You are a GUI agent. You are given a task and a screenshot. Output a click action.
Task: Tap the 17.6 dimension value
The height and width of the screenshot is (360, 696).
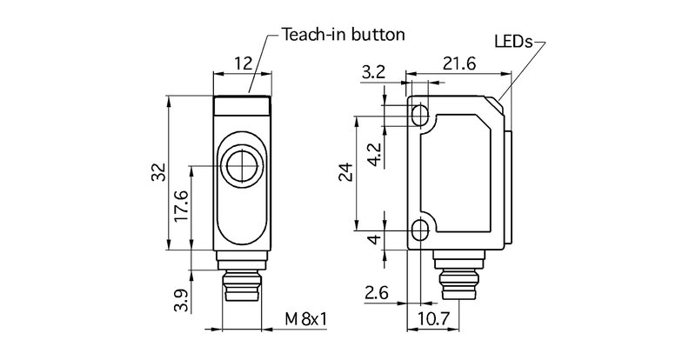[181, 208]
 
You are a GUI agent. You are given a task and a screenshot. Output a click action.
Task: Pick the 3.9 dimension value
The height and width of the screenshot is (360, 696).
[181, 299]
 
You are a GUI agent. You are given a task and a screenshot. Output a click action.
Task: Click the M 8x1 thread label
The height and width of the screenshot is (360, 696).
[306, 319]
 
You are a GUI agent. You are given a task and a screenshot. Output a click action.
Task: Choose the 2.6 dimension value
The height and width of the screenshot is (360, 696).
[377, 293]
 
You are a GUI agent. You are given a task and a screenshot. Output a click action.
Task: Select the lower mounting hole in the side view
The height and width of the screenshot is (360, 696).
[420, 230]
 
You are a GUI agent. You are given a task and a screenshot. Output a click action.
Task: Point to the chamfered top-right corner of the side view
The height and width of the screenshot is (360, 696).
[499, 104]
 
